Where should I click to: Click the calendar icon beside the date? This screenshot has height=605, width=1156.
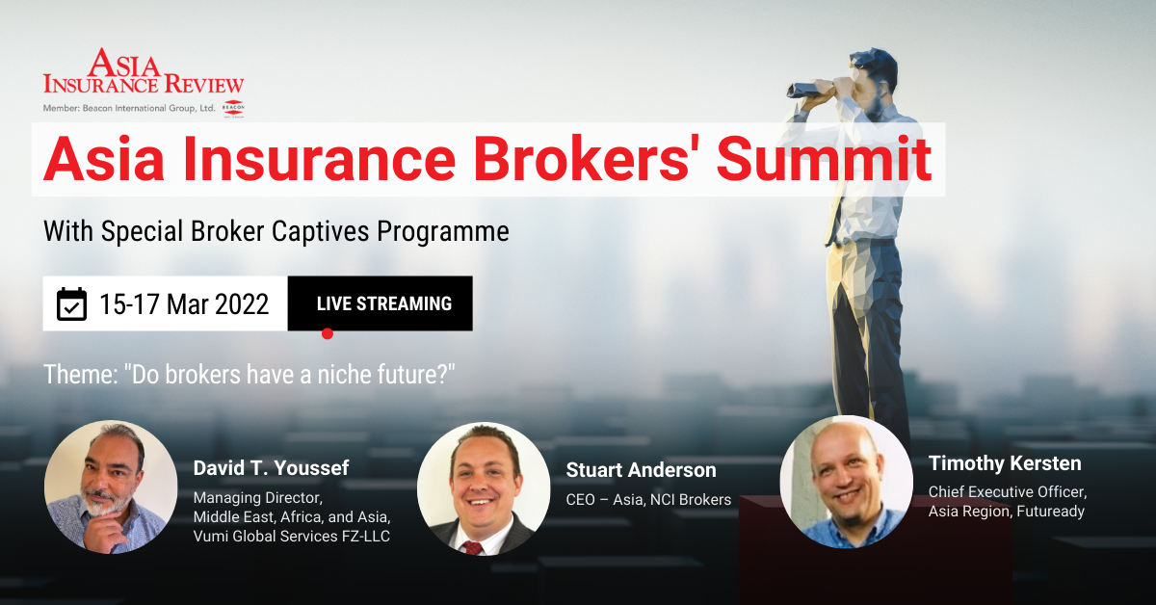(x=71, y=304)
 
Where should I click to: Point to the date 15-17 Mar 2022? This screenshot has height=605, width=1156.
(x=183, y=304)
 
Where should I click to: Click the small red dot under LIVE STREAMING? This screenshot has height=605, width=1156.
(x=328, y=333)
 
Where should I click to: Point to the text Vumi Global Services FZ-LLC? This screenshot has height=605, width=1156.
(x=292, y=537)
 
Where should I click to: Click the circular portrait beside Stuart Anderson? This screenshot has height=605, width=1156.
(x=483, y=488)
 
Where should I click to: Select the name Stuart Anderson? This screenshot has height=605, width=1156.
(x=642, y=470)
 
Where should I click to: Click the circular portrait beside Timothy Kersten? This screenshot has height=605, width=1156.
(x=846, y=481)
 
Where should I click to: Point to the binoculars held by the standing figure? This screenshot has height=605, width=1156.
(x=815, y=87)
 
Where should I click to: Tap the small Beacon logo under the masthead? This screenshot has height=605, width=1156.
(x=233, y=109)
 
